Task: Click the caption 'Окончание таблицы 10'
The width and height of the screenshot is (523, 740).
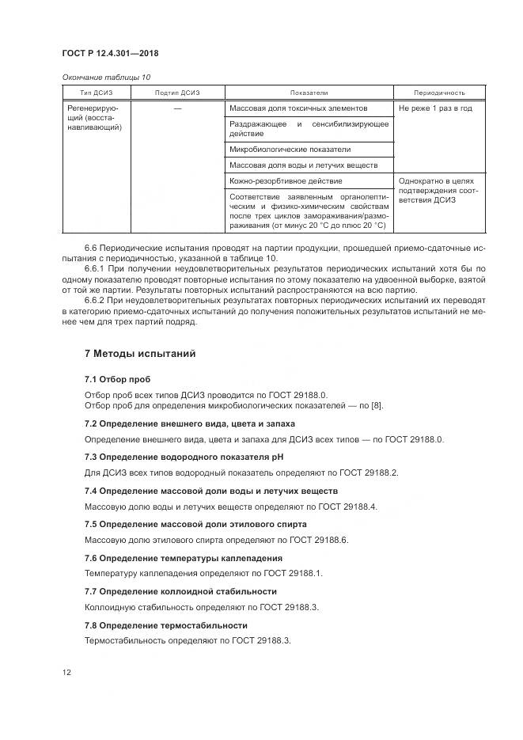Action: pyautogui.click(x=105, y=77)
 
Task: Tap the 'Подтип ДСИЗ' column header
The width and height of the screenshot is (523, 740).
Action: pyautogui.click(x=177, y=93)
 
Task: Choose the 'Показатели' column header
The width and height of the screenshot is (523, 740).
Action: pyautogui.click(x=309, y=93)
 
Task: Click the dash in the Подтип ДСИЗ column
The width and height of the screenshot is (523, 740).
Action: pyautogui.click(x=177, y=108)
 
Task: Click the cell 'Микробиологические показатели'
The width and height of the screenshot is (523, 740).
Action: pyautogui.click(x=290, y=149)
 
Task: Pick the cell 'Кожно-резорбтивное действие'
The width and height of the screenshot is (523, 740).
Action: pyautogui.click(x=286, y=181)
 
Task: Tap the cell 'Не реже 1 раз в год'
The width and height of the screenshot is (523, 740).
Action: pyautogui.click(x=435, y=108)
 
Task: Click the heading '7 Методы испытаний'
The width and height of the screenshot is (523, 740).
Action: pyautogui.click(x=140, y=353)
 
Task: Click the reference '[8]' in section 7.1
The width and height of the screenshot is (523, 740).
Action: pyautogui.click(x=376, y=406)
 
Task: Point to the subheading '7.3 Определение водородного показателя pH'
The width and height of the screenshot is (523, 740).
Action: pyautogui.click(x=184, y=457)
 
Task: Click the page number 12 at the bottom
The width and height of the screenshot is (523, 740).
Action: pyautogui.click(x=67, y=673)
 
